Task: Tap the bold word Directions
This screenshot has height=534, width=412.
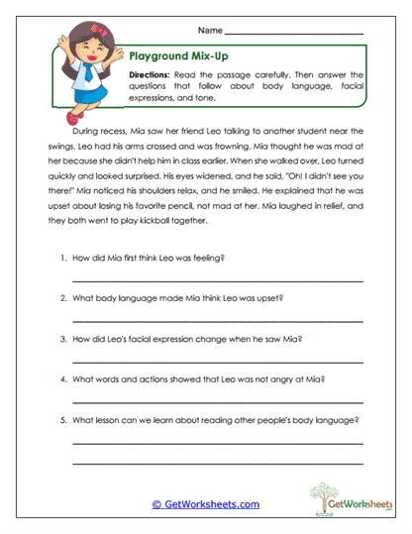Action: click(150, 75)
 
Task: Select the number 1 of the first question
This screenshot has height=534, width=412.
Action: click(62, 259)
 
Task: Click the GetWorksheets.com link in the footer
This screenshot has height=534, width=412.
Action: click(205, 504)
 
